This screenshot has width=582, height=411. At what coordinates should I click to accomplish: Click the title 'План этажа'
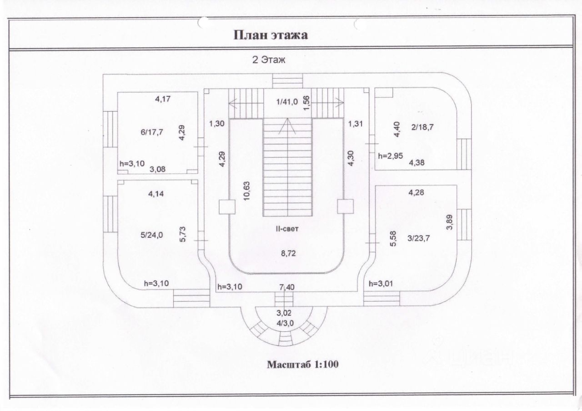(271, 35)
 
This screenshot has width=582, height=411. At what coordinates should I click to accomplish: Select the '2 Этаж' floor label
(269, 60)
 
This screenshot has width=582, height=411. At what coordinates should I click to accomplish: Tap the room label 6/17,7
(152, 132)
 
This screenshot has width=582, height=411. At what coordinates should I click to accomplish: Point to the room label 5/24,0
(152, 236)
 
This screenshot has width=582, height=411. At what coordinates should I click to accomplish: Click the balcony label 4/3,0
(285, 323)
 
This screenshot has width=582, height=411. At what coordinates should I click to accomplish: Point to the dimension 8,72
(287, 254)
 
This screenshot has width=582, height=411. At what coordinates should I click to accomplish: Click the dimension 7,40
(286, 286)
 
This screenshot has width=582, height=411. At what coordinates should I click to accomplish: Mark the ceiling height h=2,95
(390, 156)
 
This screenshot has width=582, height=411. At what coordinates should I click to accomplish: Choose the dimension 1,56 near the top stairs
(306, 103)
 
